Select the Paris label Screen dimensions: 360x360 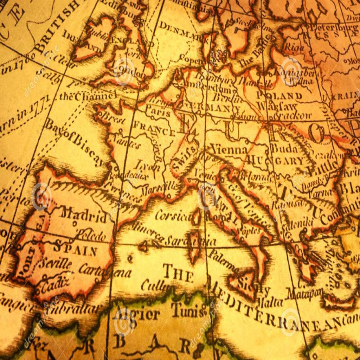tap(158, 112)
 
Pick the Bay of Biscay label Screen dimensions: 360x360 tap(73, 142)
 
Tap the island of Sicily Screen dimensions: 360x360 tap(246, 283)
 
